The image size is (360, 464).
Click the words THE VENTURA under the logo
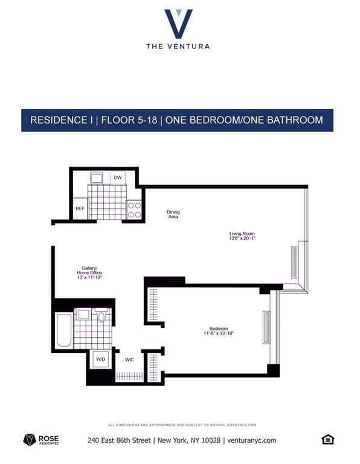pyautogui.click(x=178, y=46)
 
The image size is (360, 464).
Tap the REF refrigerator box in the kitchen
pyautogui.click(x=80, y=209)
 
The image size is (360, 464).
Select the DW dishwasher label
pyautogui.click(x=118, y=177)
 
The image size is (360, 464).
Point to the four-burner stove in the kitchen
pyautogui.click(x=134, y=209)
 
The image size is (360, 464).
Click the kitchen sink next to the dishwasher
pyautogui.click(x=97, y=177)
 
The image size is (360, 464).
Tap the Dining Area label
pyautogui.click(x=173, y=214)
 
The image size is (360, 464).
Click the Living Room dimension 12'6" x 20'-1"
pyautogui.click(x=242, y=239)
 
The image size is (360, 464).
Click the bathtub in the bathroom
pyautogui.click(x=64, y=330)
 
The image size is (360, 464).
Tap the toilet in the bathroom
pyautogui.click(x=101, y=315)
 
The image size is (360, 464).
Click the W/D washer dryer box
pyautogui.click(x=99, y=359)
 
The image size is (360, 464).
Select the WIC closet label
pyautogui.click(x=129, y=359)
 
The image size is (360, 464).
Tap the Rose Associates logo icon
pyautogui.click(x=30, y=440)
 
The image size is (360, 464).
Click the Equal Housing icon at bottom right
pyautogui.click(x=328, y=439)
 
